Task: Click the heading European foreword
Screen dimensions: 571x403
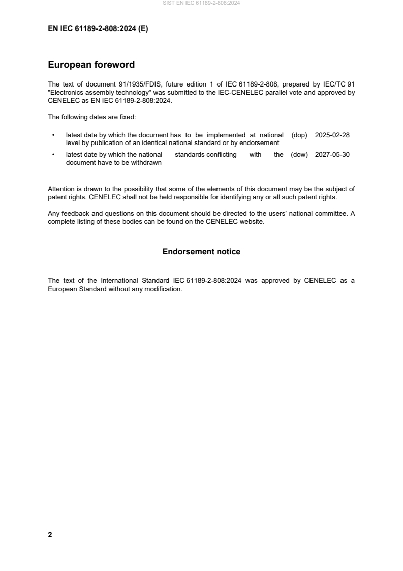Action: pyautogui.click(x=91, y=65)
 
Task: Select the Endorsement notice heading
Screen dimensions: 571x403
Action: pyautogui.click(x=201, y=252)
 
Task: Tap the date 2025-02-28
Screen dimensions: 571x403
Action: pyautogui.click(x=332, y=135)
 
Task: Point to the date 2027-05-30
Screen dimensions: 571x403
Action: pyautogui.click(x=332, y=155)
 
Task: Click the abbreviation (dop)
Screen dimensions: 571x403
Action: pyautogui.click(x=300, y=135)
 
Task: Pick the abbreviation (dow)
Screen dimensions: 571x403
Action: pyautogui.click(x=300, y=155)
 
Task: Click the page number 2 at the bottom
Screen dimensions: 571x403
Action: pyautogui.click(x=50, y=535)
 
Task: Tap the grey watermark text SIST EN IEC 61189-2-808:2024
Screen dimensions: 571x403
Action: pyautogui.click(x=201, y=3)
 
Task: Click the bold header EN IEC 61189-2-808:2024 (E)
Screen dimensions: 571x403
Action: pyautogui.click(x=98, y=29)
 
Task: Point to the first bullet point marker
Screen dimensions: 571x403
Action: pyautogui.click(x=53, y=135)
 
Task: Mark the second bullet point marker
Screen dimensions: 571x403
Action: pyautogui.click(x=53, y=155)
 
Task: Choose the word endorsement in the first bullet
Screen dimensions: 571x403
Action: pyautogui.click(x=258, y=143)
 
